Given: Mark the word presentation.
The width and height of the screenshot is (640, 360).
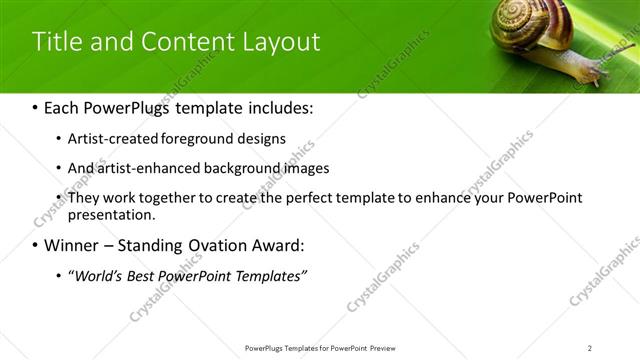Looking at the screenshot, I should click(x=111, y=214).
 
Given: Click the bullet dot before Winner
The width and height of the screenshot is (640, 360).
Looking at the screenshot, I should click(x=36, y=246).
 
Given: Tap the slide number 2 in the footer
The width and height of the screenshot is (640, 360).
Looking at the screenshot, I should click(x=590, y=348).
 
